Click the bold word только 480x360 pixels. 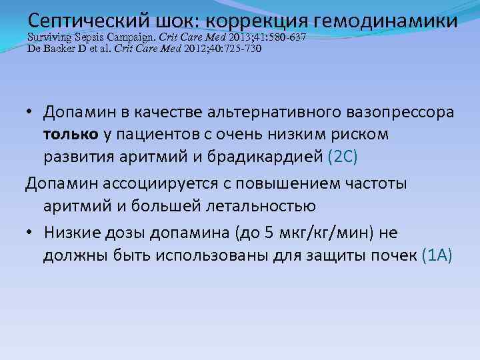pos(71,136)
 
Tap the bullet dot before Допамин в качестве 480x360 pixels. pos(31,113)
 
